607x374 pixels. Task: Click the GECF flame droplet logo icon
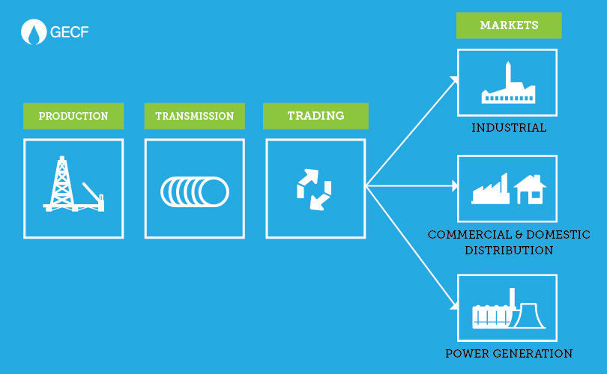tap(34, 32)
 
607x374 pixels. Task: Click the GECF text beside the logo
tap(69, 32)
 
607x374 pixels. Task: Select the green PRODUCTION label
tap(73, 116)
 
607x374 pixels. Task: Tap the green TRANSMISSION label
tap(195, 116)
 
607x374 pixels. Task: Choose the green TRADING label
tap(315, 116)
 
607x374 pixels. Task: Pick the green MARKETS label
tap(509, 25)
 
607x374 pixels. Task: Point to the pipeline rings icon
tap(195, 191)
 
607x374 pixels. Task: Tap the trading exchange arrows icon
tap(314, 188)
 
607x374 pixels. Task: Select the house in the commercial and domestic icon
tap(530, 189)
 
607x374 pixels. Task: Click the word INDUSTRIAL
tap(509, 128)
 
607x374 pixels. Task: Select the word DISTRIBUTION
tap(509, 251)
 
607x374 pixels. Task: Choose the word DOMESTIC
tap(555, 235)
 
